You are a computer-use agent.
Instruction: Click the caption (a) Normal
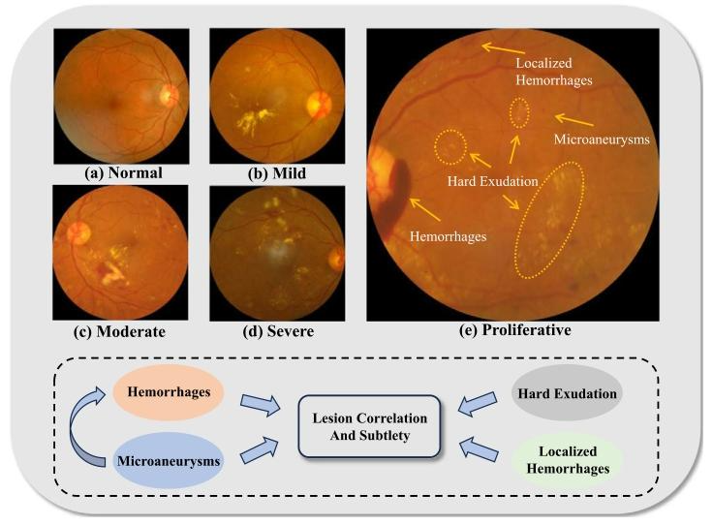(x=121, y=174)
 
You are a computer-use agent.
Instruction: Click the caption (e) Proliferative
(x=512, y=330)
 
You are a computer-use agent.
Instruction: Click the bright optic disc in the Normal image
(x=169, y=95)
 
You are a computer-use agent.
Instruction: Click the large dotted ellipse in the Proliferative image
(x=549, y=222)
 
